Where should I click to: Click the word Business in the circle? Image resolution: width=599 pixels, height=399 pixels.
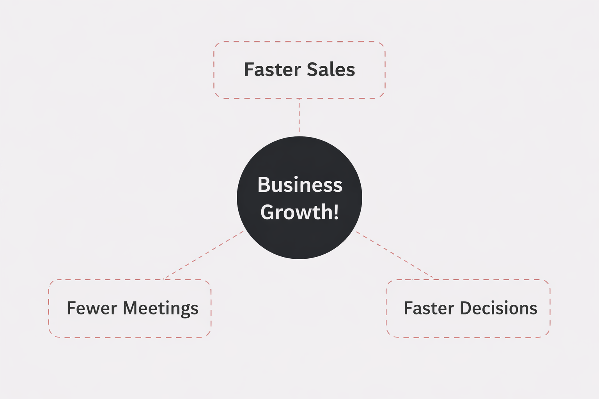(299, 185)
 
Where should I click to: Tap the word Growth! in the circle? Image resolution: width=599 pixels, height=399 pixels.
(299, 212)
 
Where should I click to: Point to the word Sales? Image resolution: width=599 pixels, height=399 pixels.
(331, 70)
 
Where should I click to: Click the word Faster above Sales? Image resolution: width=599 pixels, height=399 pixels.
(273, 70)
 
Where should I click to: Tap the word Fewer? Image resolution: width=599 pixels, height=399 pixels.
(92, 308)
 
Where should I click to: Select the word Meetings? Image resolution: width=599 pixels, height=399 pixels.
(161, 309)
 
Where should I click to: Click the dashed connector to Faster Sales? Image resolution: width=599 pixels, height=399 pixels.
(299, 116)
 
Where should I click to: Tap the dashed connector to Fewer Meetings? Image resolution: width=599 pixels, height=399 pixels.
(204, 255)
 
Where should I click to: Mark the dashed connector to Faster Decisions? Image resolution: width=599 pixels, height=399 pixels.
(395, 255)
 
